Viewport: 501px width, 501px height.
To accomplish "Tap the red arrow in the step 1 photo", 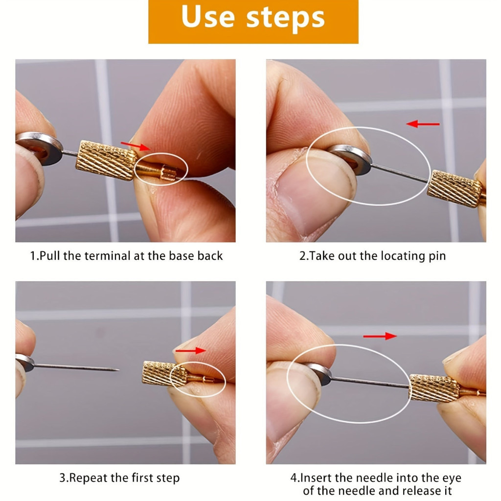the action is pos(135,146).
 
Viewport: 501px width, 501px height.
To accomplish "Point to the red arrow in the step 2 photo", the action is pos(423,124).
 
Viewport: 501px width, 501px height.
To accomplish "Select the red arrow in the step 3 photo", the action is pos(190,350).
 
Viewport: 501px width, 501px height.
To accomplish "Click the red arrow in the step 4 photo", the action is pos(380,336).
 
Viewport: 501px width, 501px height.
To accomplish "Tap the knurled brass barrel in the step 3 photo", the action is pos(164,374).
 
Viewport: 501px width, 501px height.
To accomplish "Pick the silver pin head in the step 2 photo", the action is pos(350,159).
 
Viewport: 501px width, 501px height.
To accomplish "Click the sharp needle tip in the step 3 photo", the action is pos(118,370).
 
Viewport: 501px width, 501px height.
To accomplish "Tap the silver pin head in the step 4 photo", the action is pos(319,374).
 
